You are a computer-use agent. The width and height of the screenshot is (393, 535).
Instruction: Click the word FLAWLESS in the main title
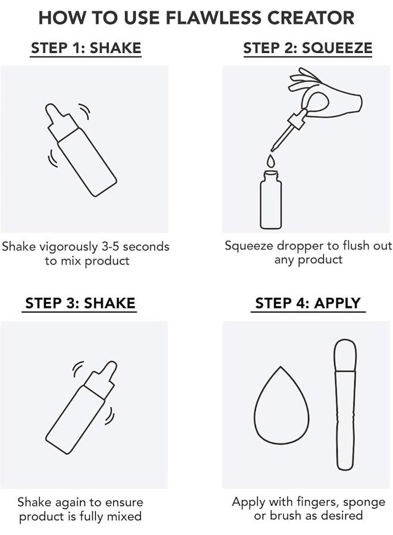click(214, 18)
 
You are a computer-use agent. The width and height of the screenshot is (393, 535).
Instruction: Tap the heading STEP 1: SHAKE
click(86, 48)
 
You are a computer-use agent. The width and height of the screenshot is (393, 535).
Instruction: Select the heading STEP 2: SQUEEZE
click(308, 48)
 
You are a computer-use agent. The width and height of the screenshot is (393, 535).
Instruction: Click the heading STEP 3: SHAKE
click(80, 303)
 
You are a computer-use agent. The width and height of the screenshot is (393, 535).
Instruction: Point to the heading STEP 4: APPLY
click(308, 303)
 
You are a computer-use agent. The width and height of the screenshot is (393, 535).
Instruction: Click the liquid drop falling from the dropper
click(271, 160)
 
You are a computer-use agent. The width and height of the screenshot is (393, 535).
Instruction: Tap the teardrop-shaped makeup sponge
click(281, 405)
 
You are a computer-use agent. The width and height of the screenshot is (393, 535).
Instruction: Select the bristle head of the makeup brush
click(345, 355)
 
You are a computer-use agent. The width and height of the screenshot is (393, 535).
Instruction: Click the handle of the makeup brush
click(346, 420)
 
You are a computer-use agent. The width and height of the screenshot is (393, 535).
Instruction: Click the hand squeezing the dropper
click(325, 94)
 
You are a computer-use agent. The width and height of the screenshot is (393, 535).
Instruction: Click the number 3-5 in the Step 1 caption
click(110, 246)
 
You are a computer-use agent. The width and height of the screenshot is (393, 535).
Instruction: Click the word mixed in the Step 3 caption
click(124, 516)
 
